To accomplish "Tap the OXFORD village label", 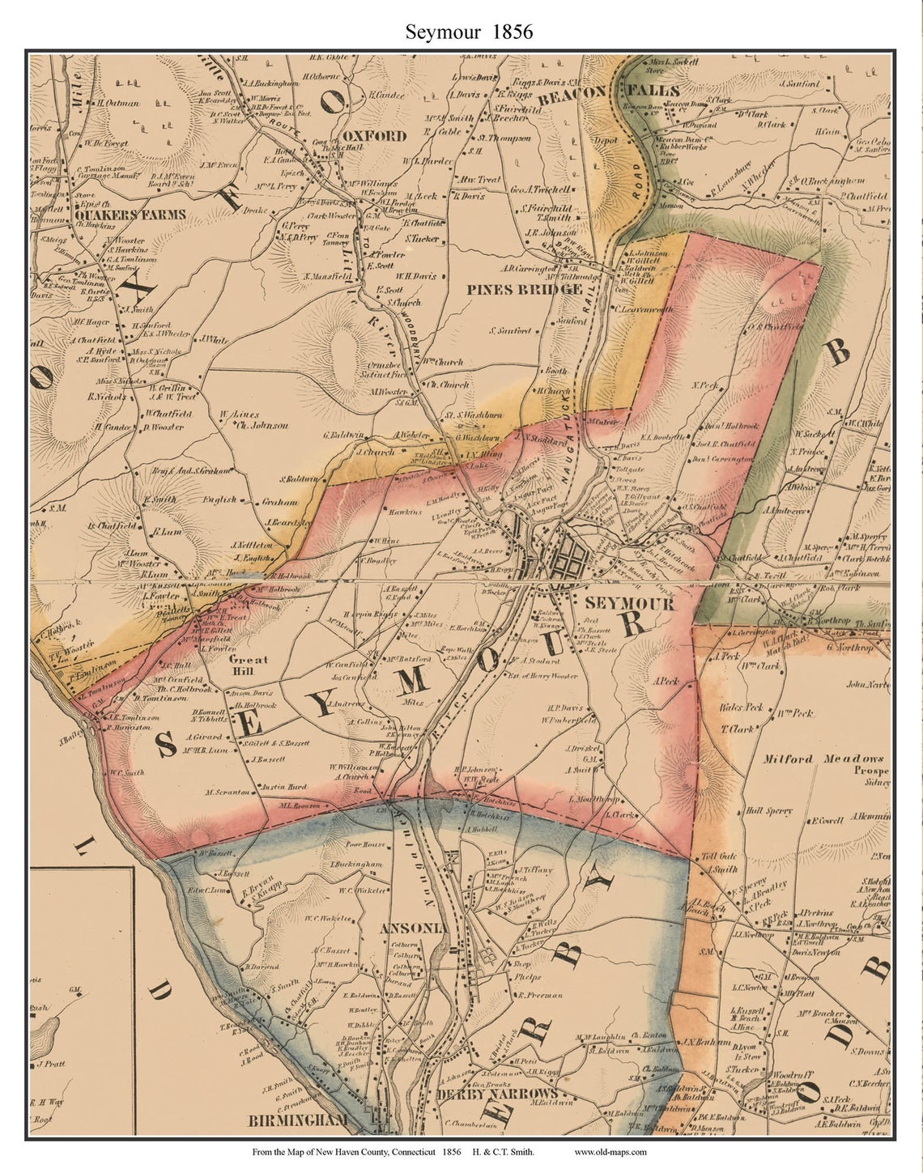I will pyautogui.click(x=373, y=136).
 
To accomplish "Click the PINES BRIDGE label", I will pyautogui.click(x=525, y=289).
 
